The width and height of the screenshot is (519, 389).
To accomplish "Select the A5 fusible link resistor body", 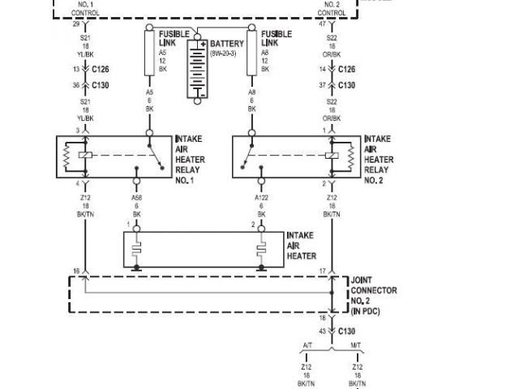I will click(149, 50).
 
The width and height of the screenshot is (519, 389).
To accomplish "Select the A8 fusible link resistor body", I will click(251, 50).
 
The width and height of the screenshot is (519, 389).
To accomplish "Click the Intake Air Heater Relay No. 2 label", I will click(378, 160).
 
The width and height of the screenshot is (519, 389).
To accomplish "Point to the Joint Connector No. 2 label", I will click(373, 295).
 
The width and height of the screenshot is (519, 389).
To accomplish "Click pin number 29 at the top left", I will click(75, 25).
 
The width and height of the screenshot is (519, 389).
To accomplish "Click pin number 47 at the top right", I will click(321, 25).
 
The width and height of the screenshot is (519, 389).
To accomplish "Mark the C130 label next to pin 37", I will click(346, 85).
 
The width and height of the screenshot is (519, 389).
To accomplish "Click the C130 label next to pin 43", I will click(346, 331).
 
